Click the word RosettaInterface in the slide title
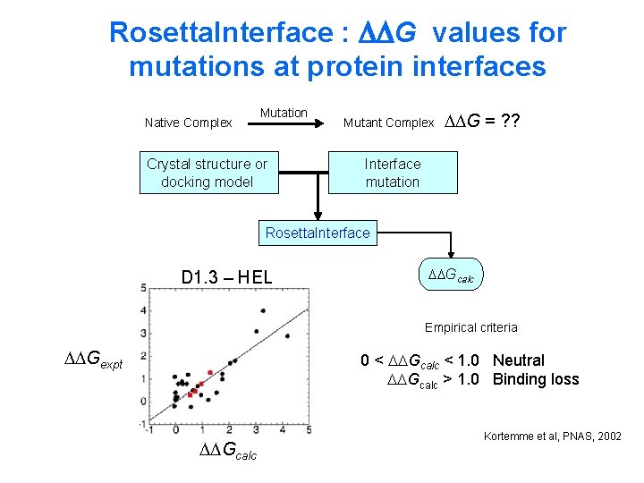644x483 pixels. (220, 33)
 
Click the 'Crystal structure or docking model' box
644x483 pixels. (208, 173)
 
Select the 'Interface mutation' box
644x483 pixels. (392, 173)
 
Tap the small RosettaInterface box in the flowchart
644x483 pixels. (318, 233)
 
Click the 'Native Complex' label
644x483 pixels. (189, 123)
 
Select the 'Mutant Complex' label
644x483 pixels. (388, 123)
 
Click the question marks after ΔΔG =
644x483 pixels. (512, 122)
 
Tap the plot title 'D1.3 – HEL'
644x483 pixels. (226, 277)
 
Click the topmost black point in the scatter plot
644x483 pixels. (262, 310)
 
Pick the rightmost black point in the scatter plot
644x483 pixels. (287, 336)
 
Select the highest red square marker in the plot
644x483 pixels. (210, 372)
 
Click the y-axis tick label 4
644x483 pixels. (144, 310)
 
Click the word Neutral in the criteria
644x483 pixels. (518, 360)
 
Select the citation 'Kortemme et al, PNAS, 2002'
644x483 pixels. (552, 436)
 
